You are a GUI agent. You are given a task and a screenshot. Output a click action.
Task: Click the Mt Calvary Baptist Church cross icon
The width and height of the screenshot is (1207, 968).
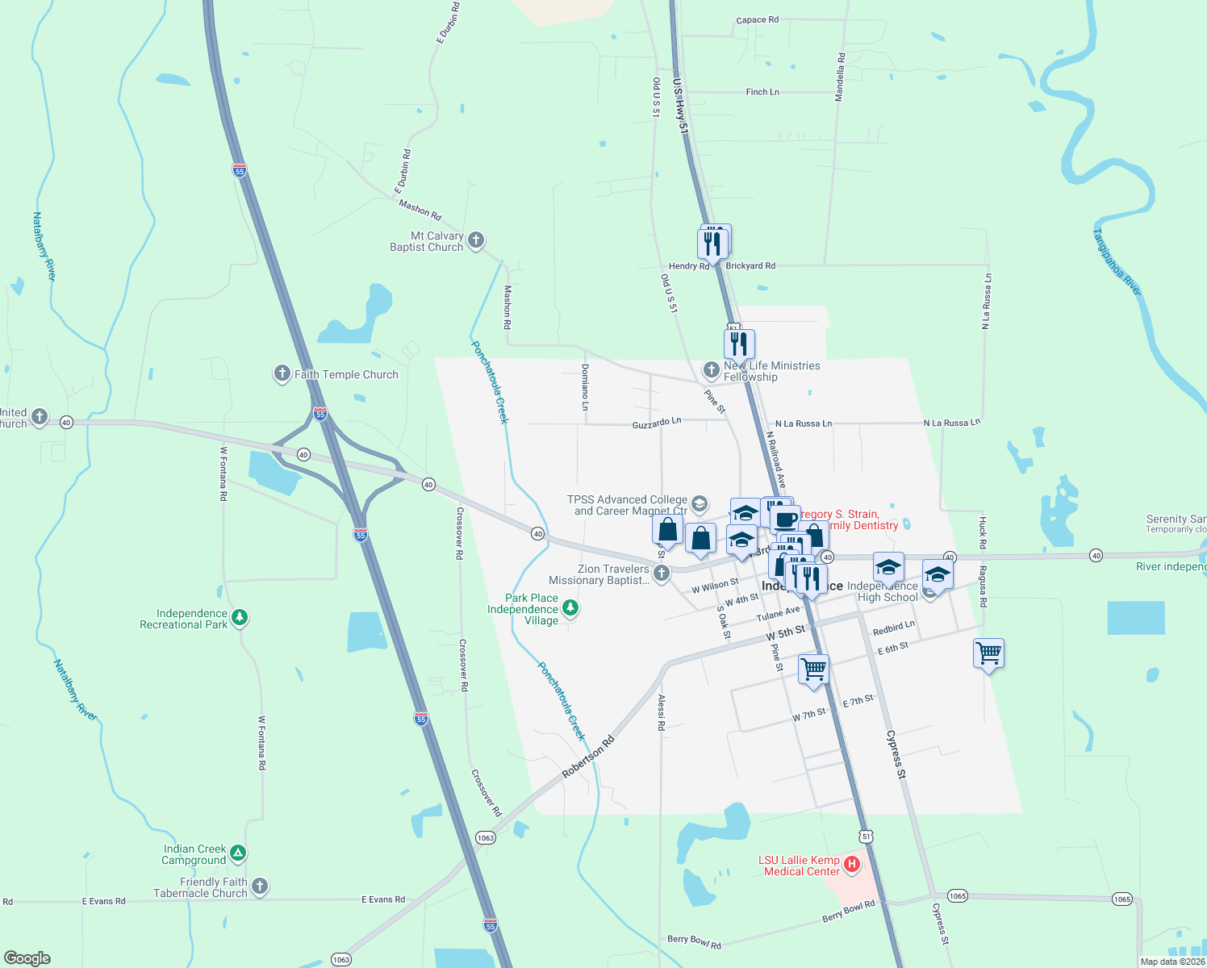pyautogui.click(x=476, y=240)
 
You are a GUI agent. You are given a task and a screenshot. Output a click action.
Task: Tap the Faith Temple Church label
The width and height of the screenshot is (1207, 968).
pyautogui.click(x=346, y=374)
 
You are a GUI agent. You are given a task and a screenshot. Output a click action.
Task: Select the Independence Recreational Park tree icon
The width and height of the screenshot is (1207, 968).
pyautogui.click(x=240, y=618)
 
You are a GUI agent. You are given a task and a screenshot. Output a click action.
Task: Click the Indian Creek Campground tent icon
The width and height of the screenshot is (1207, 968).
pyautogui.click(x=237, y=853)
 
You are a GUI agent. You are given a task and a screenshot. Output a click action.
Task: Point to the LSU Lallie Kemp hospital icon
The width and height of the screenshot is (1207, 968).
pyautogui.click(x=851, y=866)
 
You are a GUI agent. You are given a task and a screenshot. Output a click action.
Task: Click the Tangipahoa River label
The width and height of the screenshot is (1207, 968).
pyautogui.click(x=1117, y=261)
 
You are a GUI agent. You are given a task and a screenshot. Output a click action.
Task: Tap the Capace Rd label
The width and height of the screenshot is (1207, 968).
pyautogui.click(x=757, y=20)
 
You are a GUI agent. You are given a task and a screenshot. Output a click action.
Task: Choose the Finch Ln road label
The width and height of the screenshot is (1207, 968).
pyautogui.click(x=762, y=92)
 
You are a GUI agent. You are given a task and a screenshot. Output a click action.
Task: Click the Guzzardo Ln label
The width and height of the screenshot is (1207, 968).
pyautogui.click(x=657, y=423)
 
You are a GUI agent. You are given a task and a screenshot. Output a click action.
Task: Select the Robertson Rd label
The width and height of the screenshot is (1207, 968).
pyautogui.click(x=588, y=757)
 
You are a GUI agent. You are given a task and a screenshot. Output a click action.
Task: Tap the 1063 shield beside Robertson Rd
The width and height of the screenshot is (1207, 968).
pyautogui.click(x=485, y=837)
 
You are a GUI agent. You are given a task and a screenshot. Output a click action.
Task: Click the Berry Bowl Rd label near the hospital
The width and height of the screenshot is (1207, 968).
pyautogui.click(x=848, y=912)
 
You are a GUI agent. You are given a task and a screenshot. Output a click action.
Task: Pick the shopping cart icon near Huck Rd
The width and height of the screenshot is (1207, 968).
pyautogui.click(x=988, y=653)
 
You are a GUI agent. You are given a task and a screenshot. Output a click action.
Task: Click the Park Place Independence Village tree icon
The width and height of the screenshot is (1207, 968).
pyautogui.click(x=570, y=607)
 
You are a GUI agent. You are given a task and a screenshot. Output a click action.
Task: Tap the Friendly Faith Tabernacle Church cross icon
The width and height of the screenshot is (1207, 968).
pyautogui.click(x=259, y=887)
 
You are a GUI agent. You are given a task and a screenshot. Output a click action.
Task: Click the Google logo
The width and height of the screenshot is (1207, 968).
pyautogui.click(x=27, y=958)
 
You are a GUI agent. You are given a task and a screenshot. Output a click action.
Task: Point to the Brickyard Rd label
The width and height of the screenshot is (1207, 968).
pyautogui.click(x=750, y=265)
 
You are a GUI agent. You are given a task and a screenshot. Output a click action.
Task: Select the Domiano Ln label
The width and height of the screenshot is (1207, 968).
pyautogui.click(x=586, y=386)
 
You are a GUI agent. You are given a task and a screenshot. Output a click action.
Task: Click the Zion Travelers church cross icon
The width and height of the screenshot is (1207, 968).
pyautogui.click(x=662, y=574)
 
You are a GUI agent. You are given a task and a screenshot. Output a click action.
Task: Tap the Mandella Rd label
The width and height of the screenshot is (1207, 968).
pyautogui.click(x=841, y=77)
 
